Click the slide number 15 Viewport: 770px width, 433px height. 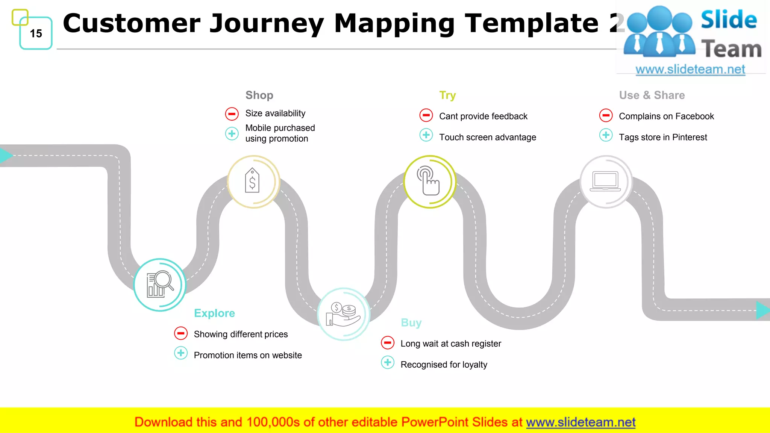click(36, 33)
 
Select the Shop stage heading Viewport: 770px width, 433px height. click(259, 95)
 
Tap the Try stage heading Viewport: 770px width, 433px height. click(447, 95)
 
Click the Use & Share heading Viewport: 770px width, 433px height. click(652, 95)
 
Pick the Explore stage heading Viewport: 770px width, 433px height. click(214, 313)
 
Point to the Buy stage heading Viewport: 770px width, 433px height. click(411, 322)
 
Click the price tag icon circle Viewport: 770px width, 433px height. click(253, 182)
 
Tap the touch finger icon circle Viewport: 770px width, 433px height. click(430, 182)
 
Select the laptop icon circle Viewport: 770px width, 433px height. click(606, 182)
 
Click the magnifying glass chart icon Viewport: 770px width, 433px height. click(160, 285)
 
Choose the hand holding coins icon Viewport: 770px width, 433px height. click(343, 314)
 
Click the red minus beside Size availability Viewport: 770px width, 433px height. click(232, 114)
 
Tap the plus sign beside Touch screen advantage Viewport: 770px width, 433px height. click(426, 135)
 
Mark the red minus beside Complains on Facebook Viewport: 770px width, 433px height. click(606, 115)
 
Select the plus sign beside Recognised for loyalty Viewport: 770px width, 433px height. click(388, 362)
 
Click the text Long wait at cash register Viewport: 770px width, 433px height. click(450, 344)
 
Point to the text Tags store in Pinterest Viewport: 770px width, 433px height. click(662, 137)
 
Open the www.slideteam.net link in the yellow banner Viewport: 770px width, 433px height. click(581, 422)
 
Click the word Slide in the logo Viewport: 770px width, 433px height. click(729, 20)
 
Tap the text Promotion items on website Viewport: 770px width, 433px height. click(247, 355)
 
